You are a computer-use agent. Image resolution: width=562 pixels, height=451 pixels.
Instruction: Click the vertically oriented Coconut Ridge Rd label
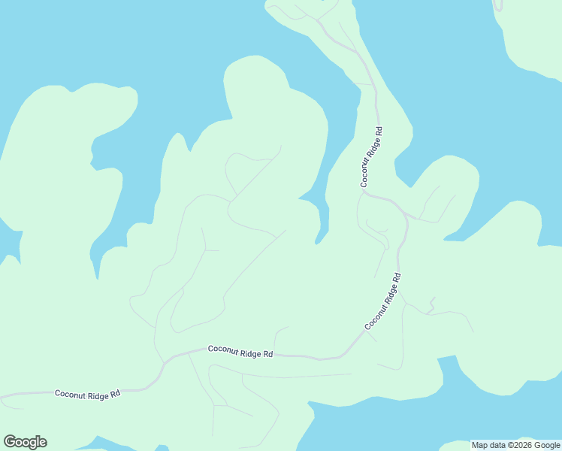pos(371,156)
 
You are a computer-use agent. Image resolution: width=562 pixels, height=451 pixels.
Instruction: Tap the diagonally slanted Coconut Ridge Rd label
pos(383,301)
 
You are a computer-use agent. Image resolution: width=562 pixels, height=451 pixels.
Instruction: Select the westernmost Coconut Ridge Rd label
pos(87,393)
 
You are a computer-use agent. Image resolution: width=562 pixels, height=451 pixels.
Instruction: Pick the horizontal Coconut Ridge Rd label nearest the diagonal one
pos(240,350)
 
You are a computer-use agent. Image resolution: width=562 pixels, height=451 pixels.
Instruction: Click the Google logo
pos(25,442)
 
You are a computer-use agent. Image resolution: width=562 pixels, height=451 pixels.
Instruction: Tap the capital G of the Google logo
pos(10,441)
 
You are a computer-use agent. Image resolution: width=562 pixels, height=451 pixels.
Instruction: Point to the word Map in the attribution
pos(479,446)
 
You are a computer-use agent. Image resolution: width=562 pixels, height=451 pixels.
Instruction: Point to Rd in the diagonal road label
pos(397,277)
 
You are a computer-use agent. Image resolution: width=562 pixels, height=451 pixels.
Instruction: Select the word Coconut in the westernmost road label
pos(71,393)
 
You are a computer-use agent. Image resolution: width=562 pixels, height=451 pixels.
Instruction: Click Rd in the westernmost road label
pos(115,393)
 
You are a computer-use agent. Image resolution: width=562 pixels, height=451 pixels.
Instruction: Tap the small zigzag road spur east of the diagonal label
pos(432,304)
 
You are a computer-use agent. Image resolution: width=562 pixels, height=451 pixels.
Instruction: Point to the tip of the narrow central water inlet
pos(319,241)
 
